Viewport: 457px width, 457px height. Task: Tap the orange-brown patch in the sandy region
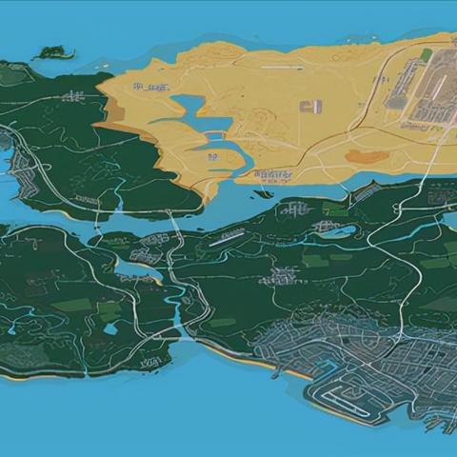click(366, 155)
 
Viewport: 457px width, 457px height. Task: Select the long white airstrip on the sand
click(285, 69)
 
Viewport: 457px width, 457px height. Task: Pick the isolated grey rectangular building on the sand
click(310, 107)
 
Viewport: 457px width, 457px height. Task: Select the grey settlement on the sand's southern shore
click(273, 175)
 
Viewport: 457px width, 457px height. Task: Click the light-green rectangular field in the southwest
click(72, 305)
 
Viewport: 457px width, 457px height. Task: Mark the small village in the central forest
click(281, 276)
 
